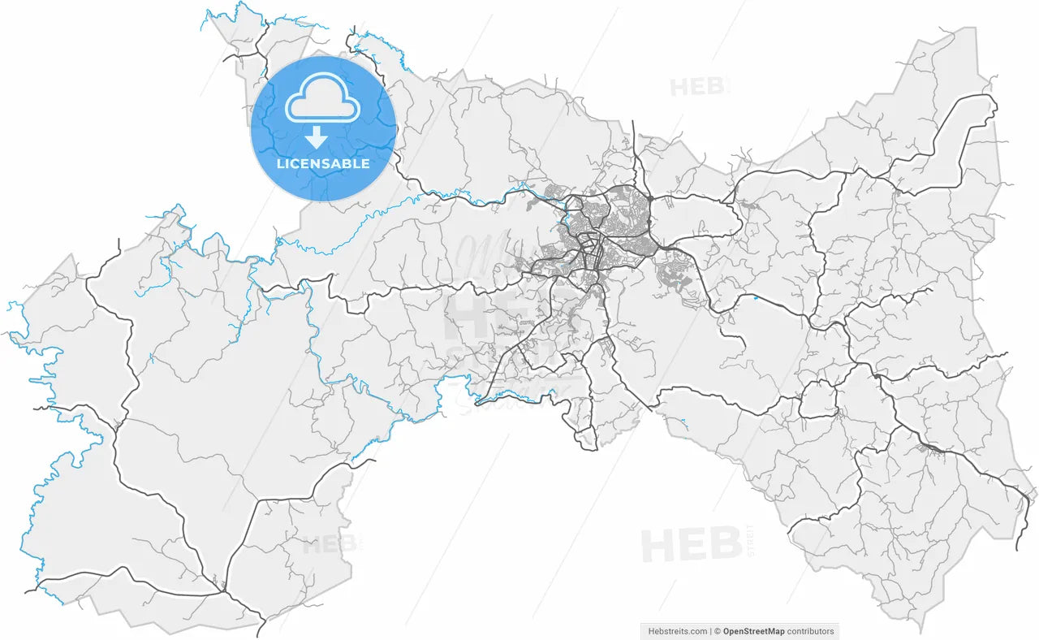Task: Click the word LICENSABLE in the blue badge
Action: [x=323, y=163]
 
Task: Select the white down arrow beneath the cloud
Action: [x=317, y=136]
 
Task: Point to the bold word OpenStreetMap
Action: [x=753, y=631]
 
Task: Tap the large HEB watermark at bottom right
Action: [x=690, y=544]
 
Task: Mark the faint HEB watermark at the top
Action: [x=699, y=86]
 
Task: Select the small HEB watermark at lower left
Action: [x=330, y=544]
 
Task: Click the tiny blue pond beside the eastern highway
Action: [x=756, y=297]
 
